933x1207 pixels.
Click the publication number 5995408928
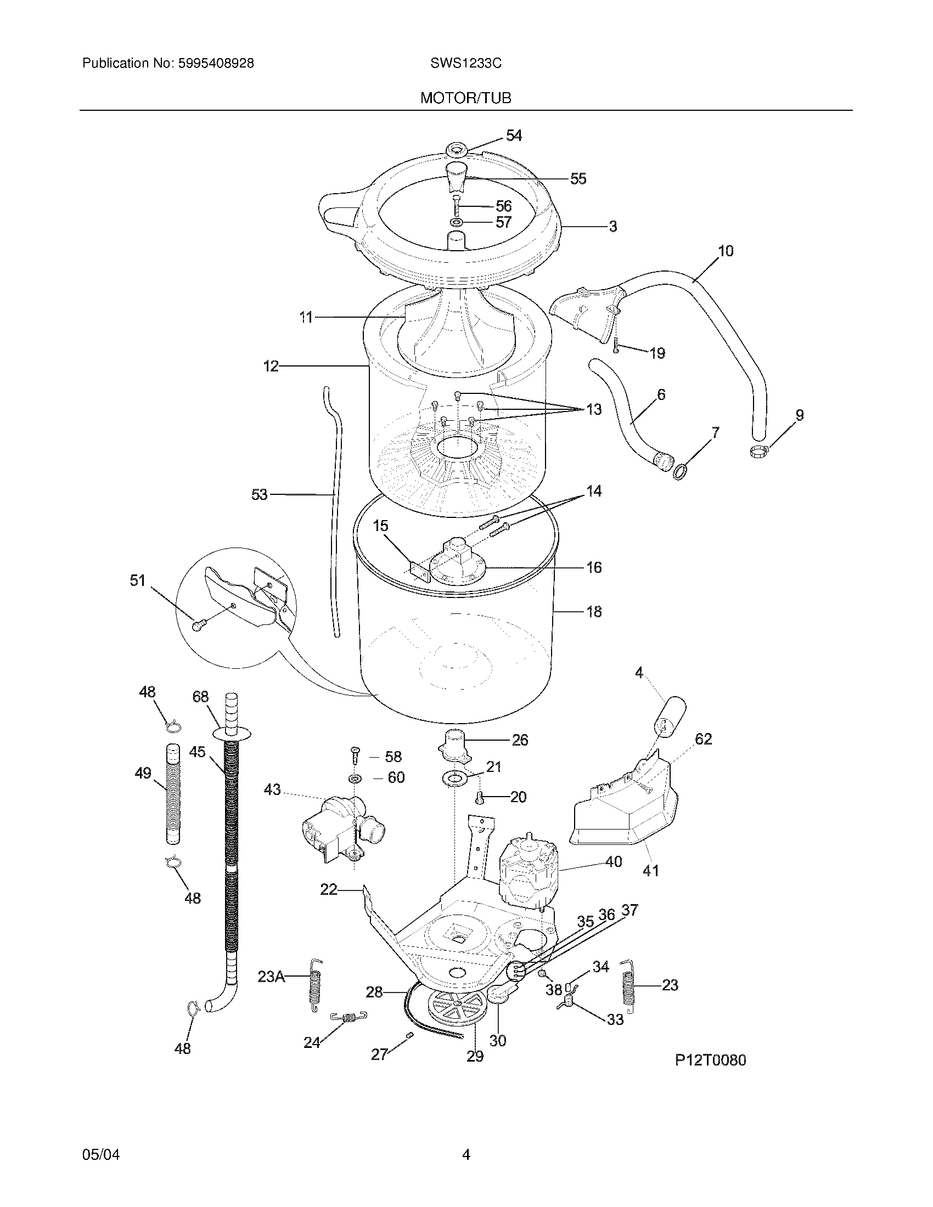pos(215,64)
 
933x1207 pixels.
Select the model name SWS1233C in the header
pos(465,64)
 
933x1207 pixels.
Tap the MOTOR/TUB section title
pos(465,98)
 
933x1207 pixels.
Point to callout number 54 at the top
pos(514,136)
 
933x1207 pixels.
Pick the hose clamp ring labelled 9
pos(760,452)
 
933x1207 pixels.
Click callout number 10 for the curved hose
pos(725,251)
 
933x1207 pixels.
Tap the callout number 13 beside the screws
pos(593,409)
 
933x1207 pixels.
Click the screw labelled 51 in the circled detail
pos(198,625)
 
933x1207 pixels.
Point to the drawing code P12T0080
pos(710,1059)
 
